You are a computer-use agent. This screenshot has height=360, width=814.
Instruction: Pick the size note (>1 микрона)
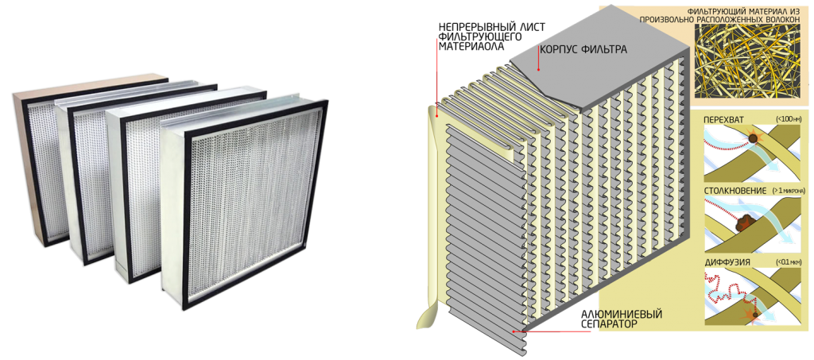coord(786,191)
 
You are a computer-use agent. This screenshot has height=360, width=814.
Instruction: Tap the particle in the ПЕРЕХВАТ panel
coord(750,140)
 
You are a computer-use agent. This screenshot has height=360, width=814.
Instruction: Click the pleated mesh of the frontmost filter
coord(246,207)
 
